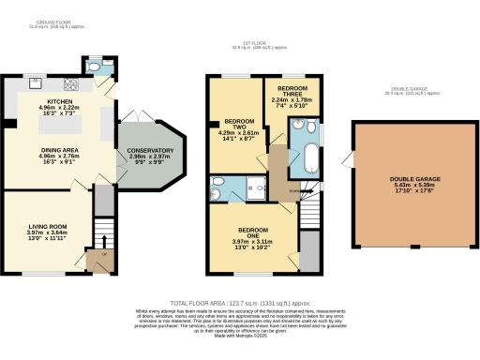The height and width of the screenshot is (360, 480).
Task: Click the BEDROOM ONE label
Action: [x=252, y=229]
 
